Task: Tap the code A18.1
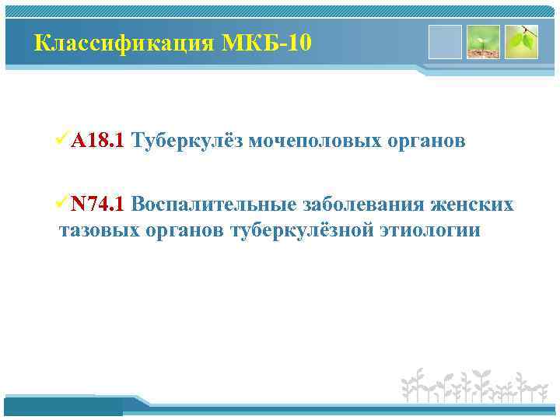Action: pos(96,140)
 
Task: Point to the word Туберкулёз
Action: pos(186,140)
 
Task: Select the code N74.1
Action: pos(97,205)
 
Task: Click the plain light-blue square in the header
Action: pos(445,42)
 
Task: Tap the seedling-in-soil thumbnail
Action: pos(482,42)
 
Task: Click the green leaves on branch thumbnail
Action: pos(520,42)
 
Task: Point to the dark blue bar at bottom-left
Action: pos(63,405)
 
